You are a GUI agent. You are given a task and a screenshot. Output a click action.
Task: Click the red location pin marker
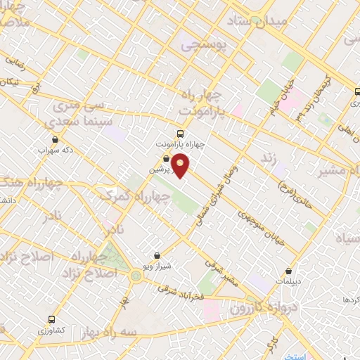click(x=181, y=166)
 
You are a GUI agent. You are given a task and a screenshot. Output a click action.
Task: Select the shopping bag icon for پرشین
click(x=166, y=159)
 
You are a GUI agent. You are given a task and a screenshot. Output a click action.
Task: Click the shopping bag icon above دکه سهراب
click(x=55, y=140)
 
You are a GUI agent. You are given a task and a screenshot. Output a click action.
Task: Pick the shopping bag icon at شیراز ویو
click(x=156, y=255)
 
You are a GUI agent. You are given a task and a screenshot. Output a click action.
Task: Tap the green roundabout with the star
click(x=135, y=276)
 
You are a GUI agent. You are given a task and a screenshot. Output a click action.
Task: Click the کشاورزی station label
click(x=51, y=330)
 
